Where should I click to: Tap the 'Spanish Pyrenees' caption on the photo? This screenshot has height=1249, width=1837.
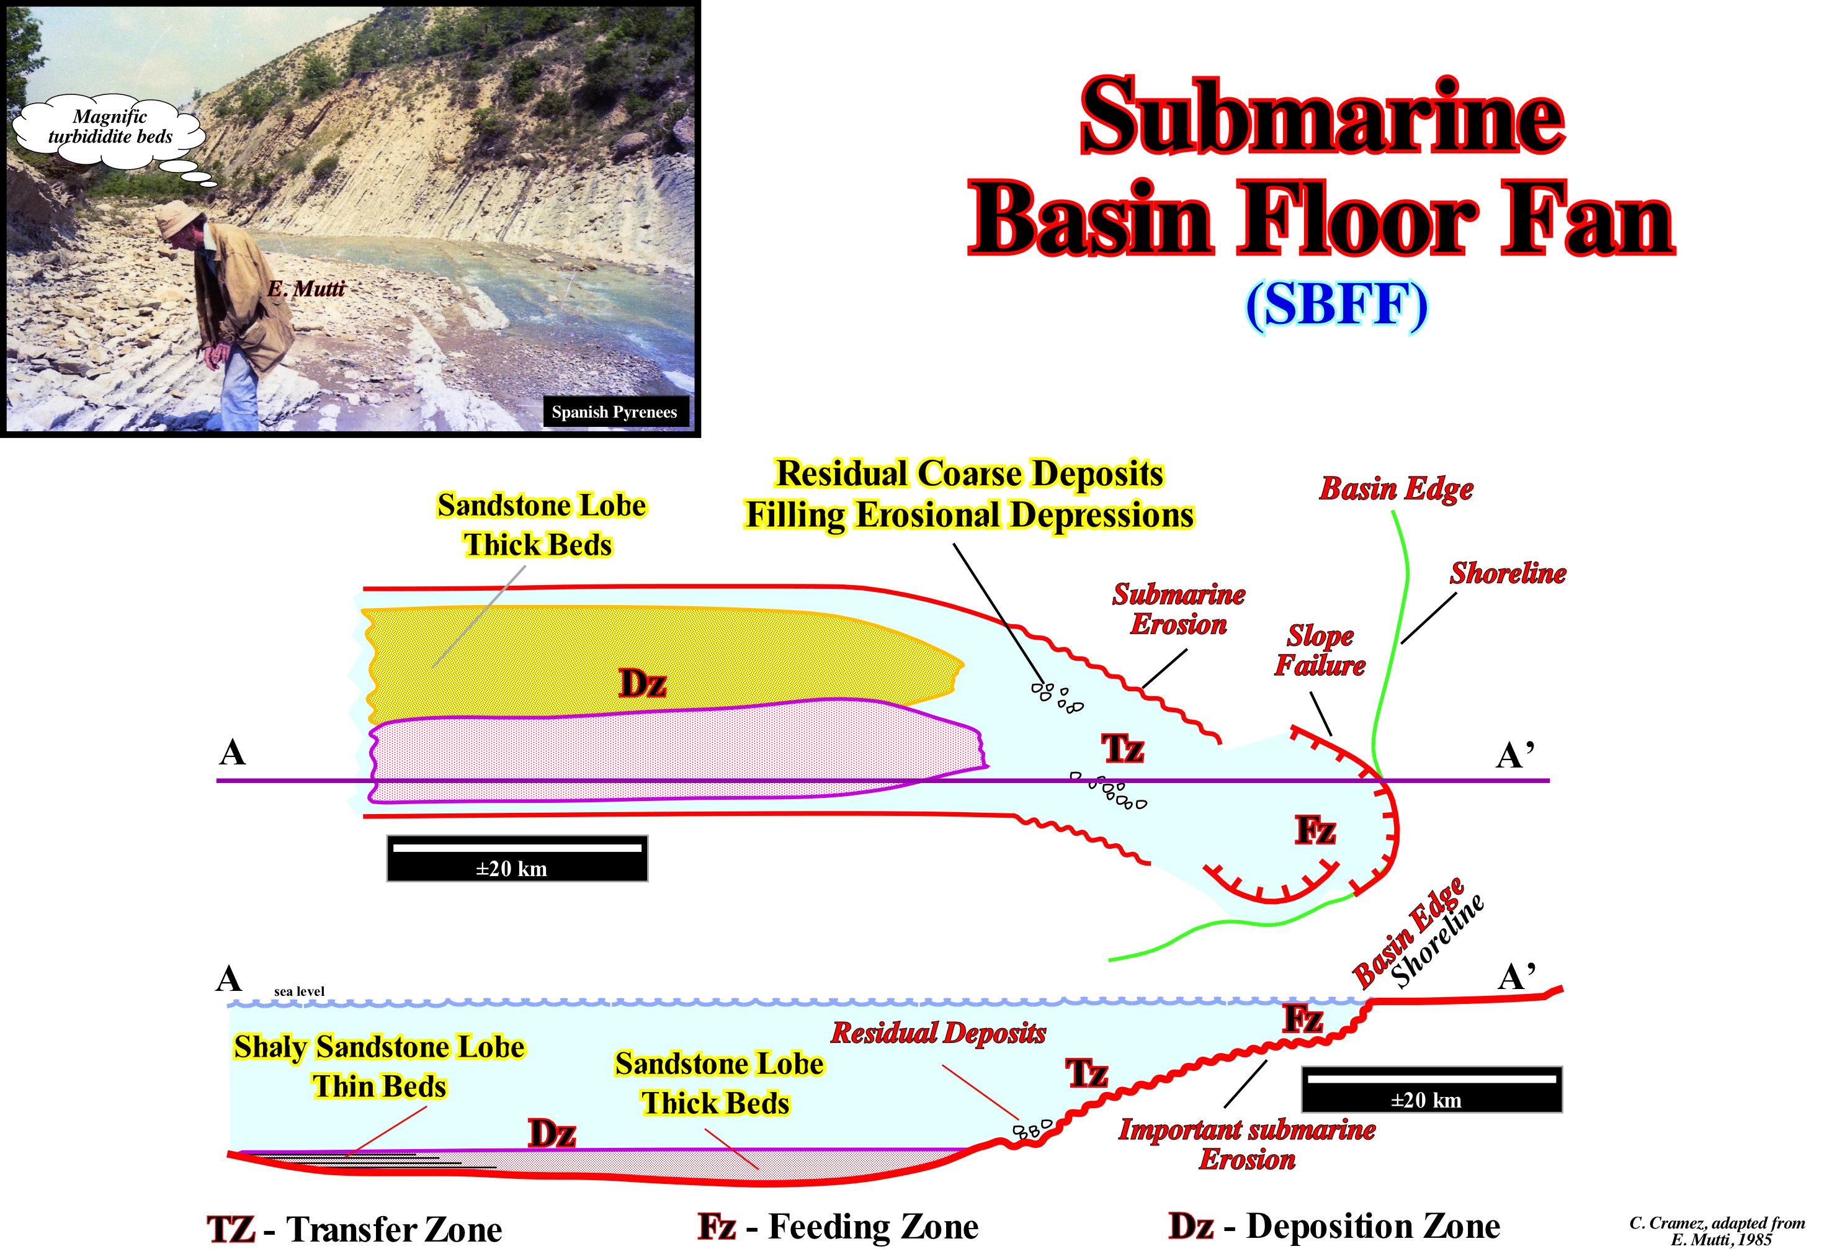point(614,412)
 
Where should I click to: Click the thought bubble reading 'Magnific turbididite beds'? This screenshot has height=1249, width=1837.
point(110,128)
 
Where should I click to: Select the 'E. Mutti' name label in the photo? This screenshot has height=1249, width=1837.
point(306,289)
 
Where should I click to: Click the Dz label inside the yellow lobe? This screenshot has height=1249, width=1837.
point(642,684)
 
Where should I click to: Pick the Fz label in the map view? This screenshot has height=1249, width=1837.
point(1315,830)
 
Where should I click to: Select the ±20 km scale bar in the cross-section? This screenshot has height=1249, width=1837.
point(1431,1090)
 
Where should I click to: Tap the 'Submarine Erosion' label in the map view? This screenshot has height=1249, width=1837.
point(1179,609)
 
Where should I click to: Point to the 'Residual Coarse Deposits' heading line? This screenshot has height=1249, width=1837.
point(969,473)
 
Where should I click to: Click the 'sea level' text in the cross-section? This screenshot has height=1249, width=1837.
point(299,992)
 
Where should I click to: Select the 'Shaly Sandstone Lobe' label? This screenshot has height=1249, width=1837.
point(380,1047)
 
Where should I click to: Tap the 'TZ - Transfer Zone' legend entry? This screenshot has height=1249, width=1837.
point(354,1229)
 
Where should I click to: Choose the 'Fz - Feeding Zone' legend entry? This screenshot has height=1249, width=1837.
point(838,1227)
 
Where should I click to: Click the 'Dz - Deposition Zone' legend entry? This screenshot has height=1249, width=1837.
point(1334,1226)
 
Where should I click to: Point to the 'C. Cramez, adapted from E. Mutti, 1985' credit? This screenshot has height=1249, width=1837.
point(1717,1231)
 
